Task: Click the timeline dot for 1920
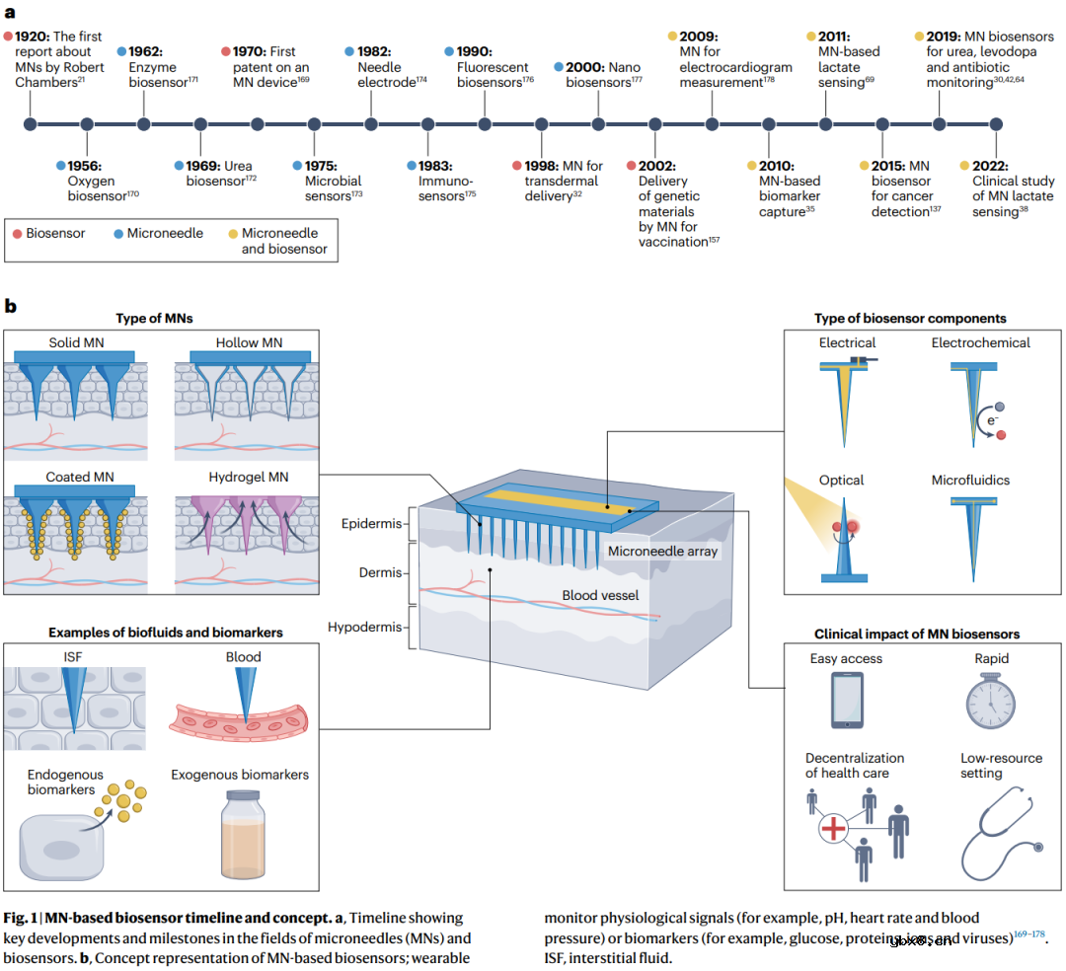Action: coord(31,124)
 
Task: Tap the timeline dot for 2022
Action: coord(996,124)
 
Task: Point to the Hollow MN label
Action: coord(249,342)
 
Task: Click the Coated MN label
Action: coord(79,477)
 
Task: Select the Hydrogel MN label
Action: coord(249,477)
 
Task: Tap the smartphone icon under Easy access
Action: coord(847,700)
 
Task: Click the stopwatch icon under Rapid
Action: coord(990,701)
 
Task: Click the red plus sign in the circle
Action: coord(834,828)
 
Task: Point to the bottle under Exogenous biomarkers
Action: coord(240,833)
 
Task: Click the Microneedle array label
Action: coord(662,552)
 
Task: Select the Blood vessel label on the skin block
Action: coord(600,595)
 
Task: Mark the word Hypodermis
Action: coord(365,627)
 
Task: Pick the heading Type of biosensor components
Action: coord(910,318)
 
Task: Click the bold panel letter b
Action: coord(11,306)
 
